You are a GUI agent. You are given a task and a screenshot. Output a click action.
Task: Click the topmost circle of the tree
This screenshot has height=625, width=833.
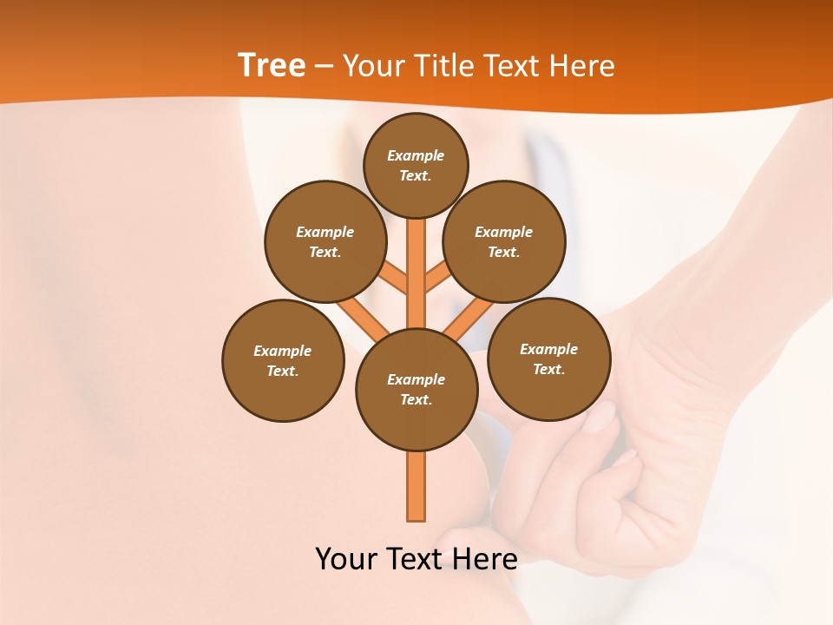point(416,165)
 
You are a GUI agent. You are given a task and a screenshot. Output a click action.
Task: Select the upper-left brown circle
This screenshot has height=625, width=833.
point(325,241)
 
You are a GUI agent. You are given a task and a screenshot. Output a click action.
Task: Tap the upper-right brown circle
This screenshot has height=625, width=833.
point(504,241)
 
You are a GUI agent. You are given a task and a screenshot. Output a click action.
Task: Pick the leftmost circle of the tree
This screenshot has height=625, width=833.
point(283,360)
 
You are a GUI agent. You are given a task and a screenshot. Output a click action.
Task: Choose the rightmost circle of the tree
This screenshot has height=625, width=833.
point(548,359)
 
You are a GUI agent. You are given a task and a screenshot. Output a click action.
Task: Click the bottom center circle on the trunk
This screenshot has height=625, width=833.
point(416,389)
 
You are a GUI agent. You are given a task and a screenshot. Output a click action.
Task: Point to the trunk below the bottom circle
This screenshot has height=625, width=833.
point(416,486)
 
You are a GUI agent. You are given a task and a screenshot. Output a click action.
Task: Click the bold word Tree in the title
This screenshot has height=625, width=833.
point(272,65)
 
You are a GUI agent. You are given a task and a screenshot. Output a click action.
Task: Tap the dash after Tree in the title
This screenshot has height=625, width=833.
point(325,66)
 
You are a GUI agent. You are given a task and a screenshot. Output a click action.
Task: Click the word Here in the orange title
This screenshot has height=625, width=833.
point(582,66)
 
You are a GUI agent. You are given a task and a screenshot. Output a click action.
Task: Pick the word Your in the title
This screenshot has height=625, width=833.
point(374,66)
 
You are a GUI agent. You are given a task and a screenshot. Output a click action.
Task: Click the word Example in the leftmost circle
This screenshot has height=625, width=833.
point(282,351)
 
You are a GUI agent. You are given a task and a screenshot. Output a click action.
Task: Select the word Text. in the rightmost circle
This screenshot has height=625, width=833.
point(548,369)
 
